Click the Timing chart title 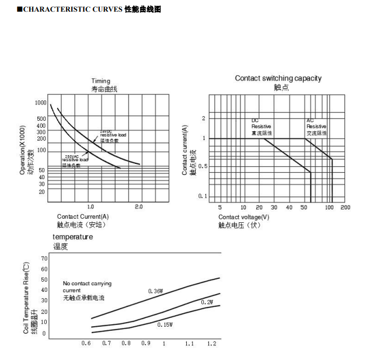(100, 81)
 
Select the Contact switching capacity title (278, 78)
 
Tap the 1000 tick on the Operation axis (40, 103)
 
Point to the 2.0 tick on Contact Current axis (138, 207)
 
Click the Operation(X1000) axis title (23, 150)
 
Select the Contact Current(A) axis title (83, 216)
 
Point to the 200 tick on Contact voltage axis (345, 207)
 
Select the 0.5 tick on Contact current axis (202, 166)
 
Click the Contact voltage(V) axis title (243, 217)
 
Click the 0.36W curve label (155, 291)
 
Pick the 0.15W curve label (165, 324)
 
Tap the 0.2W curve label (207, 302)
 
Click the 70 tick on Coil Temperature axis (44, 258)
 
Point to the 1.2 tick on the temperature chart (211, 344)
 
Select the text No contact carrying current (87, 286)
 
